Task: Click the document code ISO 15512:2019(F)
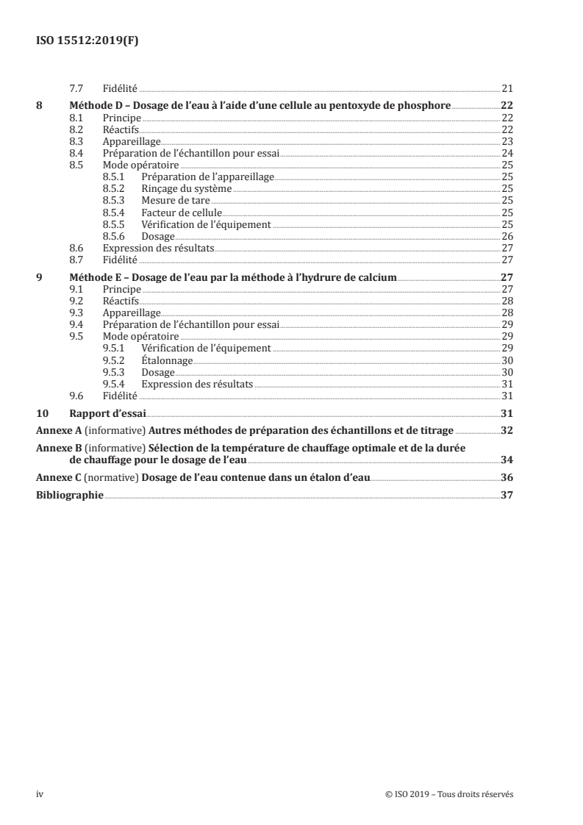click(x=87, y=41)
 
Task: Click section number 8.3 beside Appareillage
click(x=76, y=140)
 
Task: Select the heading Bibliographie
click(x=70, y=496)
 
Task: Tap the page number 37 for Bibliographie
click(x=507, y=496)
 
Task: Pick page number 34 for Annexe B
click(x=507, y=460)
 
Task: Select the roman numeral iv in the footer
click(x=40, y=794)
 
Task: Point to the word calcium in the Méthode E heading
click(x=376, y=276)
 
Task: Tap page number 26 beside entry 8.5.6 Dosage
click(x=507, y=236)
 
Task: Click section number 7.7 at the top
click(x=76, y=87)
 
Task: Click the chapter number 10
click(x=42, y=413)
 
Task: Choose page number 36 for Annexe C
click(x=507, y=478)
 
